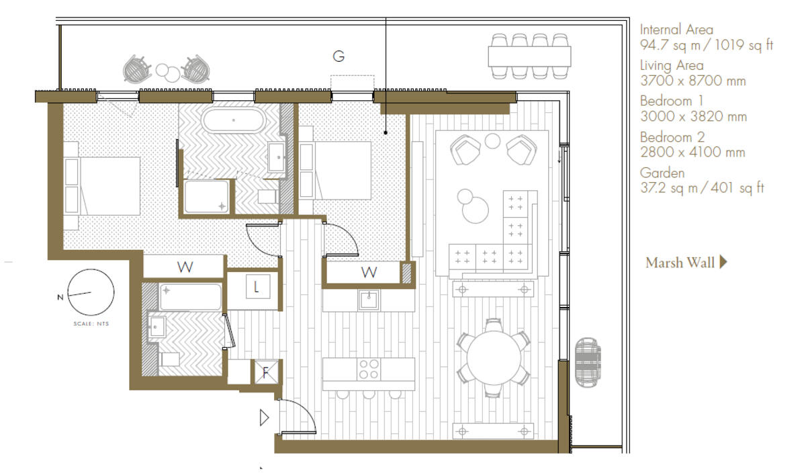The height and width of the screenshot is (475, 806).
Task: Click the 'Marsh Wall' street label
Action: pyautogui.click(x=680, y=263)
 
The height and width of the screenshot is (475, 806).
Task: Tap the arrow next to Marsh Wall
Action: pyautogui.click(x=723, y=262)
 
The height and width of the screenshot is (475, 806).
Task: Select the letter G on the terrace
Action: pyautogui.click(x=339, y=56)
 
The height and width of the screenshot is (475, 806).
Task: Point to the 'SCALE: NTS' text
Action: pyautogui.click(x=91, y=324)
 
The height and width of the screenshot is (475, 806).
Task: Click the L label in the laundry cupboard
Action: pyautogui.click(x=257, y=288)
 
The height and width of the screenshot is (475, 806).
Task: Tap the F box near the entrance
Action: pyautogui.click(x=265, y=372)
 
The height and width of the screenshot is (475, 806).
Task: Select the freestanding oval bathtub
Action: pyautogui.click(x=234, y=121)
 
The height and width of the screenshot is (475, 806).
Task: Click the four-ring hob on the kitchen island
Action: pyautogui.click(x=369, y=370)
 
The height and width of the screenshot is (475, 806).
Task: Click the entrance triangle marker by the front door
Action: pyautogui.click(x=264, y=418)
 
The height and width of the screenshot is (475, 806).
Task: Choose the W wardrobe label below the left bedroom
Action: pyautogui.click(x=185, y=267)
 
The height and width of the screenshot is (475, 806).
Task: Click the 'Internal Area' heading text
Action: pyautogui.click(x=676, y=30)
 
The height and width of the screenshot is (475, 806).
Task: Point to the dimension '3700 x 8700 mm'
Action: pyautogui.click(x=693, y=81)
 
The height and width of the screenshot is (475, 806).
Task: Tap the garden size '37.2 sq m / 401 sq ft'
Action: pyautogui.click(x=702, y=188)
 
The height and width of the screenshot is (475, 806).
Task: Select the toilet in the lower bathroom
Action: pyautogui.click(x=170, y=359)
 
